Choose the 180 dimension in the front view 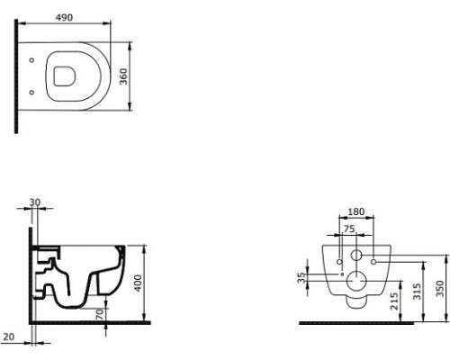[x=355, y=213]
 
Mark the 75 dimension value [x=347, y=229]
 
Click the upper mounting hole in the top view [x=32, y=61]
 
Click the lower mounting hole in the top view [x=32, y=91]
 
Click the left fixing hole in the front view [x=339, y=262]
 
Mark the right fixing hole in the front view [x=372, y=262]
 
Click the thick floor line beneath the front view [x=360, y=321]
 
